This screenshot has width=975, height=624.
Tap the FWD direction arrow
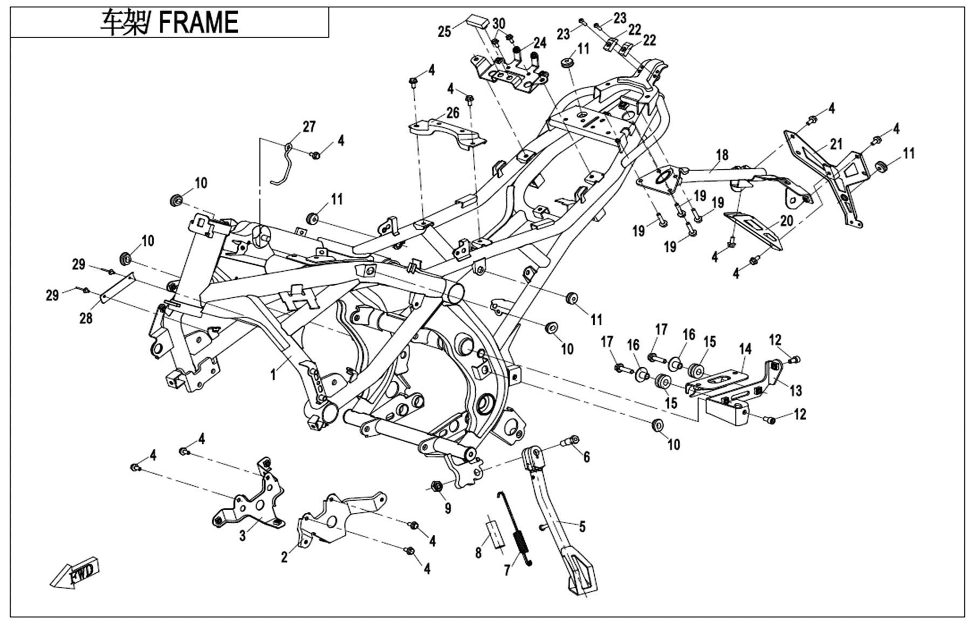[75, 574]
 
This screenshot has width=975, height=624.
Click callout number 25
[444, 32]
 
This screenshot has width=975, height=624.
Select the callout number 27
[308, 127]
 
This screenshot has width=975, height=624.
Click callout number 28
[86, 318]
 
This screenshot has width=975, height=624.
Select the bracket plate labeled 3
[251, 499]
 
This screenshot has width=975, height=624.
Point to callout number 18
[722, 155]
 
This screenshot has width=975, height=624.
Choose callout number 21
[836, 145]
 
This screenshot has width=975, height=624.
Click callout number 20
[786, 222]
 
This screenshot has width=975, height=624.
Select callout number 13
[795, 390]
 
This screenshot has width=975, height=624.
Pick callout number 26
[452, 113]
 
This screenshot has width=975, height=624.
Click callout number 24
[540, 43]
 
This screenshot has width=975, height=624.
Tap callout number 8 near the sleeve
[478, 553]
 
